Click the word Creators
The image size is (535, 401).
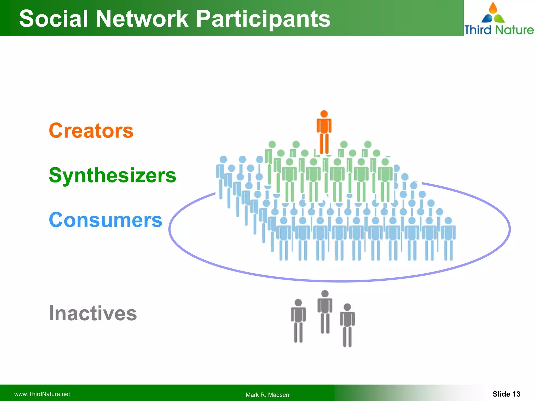(x=91, y=131)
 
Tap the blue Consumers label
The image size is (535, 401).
(x=106, y=220)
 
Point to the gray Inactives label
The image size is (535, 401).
(x=93, y=313)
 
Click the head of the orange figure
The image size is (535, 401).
(x=324, y=114)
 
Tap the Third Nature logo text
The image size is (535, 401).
(x=499, y=30)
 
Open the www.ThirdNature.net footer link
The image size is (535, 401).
(x=42, y=394)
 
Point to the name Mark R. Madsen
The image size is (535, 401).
(x=267, y=395)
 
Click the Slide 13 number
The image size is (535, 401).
(x=506, y=394)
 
